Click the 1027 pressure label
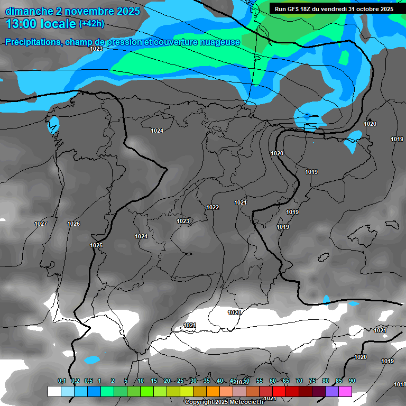(x=41, y=224)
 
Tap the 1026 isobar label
(x=73, y=224)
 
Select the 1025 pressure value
(x=96, y=245)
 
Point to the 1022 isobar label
(x=213, y=207)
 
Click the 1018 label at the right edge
(x=400, y=384)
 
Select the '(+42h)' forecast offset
(x=91, y=24)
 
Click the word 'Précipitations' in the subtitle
(x=32, y=42)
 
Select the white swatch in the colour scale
(x=54, y=391)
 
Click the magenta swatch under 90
(x=345, y=391)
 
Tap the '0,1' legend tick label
(x=61, y=381)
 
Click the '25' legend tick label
(x=180, y=381)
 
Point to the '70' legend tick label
(x=299, y=381)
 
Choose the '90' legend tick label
(x=352, y=381)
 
